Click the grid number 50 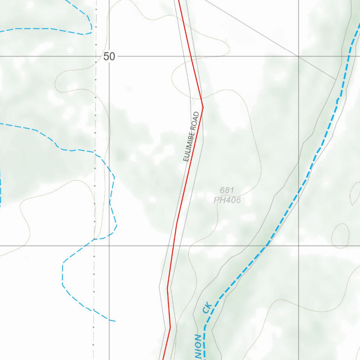click(109, 56)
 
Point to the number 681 click(227, 190)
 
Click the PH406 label click(227, 200)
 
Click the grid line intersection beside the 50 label click(109, 56)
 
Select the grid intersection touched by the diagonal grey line click(298, 56)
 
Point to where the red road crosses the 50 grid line click(191, 56)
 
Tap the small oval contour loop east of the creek click(340, 236)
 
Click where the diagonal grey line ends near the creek click(336, 80)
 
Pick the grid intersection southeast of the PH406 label click(298, 245)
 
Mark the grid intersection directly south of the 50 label click(109, 245)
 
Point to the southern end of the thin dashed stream click(115, 321)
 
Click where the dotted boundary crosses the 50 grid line click(96, 56)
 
